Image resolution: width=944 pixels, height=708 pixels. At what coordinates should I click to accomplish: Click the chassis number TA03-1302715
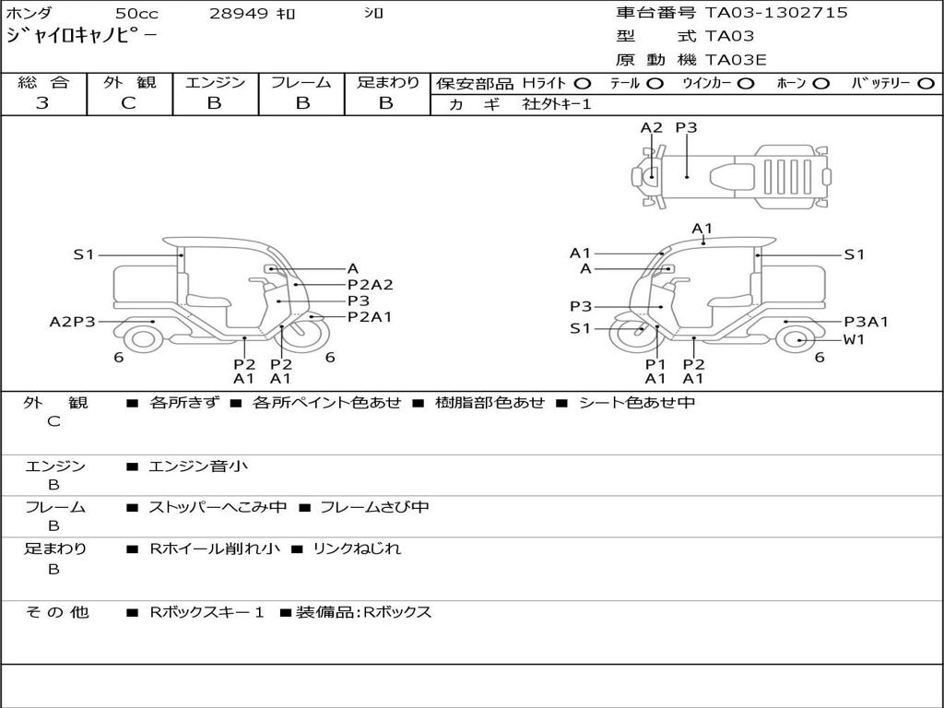(x=776, y=13)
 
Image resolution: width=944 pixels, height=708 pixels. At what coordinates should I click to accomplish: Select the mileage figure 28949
(x=238, y=13)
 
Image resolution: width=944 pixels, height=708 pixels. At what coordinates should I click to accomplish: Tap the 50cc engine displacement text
(x=136, y=13)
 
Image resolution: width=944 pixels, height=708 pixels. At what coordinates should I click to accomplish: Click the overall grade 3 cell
(x=42, y=103)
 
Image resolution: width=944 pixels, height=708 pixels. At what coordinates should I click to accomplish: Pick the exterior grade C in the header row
(x=129, y=103)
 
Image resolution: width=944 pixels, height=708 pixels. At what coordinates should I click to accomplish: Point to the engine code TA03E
(x=736, y=60)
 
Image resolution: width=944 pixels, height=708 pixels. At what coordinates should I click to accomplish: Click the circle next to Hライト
(x=583, y=84)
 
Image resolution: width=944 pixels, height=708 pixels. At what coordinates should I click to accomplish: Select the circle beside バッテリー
(x=926, y=84)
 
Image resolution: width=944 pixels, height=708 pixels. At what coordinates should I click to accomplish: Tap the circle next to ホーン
(x=820, y=84)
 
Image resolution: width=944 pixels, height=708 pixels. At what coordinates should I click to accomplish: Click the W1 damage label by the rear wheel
(x=854, y=339)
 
